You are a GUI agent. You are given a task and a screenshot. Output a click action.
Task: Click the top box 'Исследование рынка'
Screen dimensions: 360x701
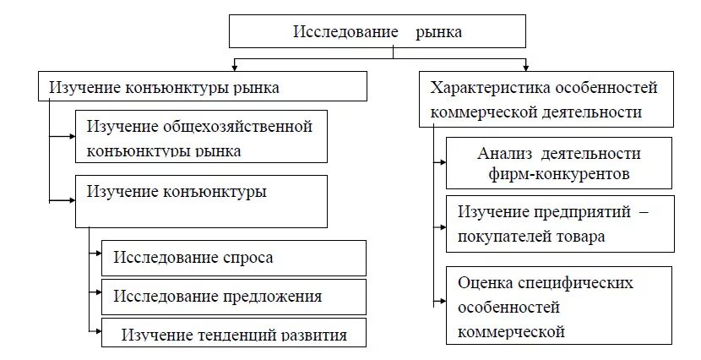[x=378, y=31]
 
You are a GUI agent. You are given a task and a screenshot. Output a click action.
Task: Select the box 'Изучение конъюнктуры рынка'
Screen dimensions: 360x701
[x=203, y=87]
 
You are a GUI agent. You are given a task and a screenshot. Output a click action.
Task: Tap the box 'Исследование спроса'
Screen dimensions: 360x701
[x=233, y=258]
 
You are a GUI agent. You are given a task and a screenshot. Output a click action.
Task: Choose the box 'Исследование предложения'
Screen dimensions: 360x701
[x=233, y=297]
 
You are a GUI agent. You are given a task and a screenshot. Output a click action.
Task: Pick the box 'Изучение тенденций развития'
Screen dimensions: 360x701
[x=234, y=334]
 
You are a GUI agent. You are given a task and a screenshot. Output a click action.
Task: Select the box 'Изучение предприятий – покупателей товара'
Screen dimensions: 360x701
[x=559, y=224]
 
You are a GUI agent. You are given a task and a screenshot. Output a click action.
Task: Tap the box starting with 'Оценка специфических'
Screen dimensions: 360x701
[x=559, y=305]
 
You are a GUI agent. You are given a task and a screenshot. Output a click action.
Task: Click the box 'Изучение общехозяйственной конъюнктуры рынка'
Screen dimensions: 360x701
[x=200, y=139]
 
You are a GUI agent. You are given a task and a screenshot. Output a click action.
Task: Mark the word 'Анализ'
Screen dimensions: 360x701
[x=501, y=154]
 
